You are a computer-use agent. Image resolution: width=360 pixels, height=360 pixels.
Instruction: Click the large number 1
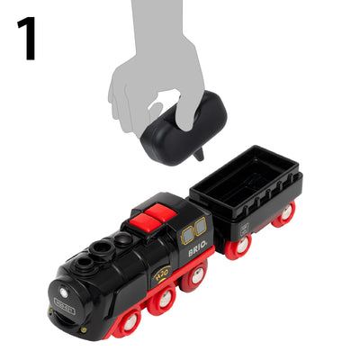tap(28, 39)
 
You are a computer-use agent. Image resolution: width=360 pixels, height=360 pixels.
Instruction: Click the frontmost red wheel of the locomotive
tap(131, 320)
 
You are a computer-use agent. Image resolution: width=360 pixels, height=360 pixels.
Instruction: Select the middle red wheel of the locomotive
tap(162, 302)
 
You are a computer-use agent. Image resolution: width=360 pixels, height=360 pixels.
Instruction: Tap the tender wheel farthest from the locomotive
tap(285, 214)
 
